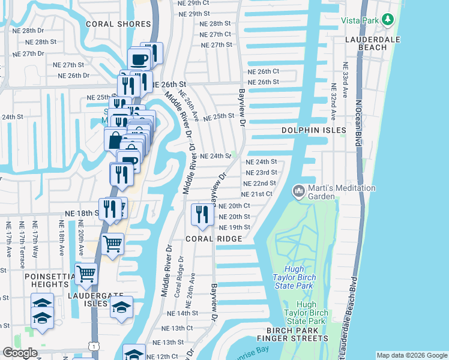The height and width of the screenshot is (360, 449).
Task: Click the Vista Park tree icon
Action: pos(388,20)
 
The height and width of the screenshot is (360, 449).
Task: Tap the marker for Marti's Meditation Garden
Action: pos(298,191)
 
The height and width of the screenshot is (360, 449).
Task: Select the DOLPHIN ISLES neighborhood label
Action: pos(315,130)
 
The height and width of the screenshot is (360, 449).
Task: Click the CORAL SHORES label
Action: pos(118,24)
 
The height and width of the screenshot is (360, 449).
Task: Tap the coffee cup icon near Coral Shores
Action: pos(139,59)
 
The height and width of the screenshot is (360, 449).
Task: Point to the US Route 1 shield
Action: pos(91,346)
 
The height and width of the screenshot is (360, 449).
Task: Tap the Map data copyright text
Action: pos(411,355)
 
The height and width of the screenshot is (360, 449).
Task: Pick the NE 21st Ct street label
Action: pos(256,194)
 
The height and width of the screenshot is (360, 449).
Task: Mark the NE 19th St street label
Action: pos(234,227)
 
